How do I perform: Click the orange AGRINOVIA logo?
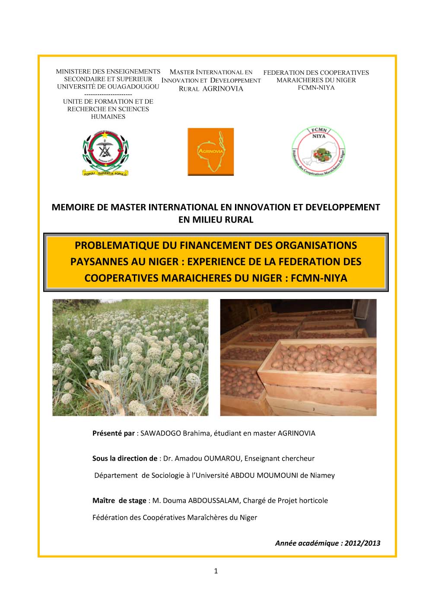coord(210,152)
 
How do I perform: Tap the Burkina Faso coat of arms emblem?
coord(106,152)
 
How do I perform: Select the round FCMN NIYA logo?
coord(318,151)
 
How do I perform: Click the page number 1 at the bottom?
coord(216,571)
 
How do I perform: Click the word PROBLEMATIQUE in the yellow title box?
coord(117,245)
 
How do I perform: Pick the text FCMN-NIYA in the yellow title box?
coord(319,278)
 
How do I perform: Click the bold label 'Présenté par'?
coord(113,433)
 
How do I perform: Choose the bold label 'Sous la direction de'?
coord(124,458)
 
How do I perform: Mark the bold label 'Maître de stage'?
coord(119,500)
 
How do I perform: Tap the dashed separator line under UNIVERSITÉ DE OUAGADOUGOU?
coord(108,94)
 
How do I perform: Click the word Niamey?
coord(323,475)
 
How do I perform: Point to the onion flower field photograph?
coord(130,357)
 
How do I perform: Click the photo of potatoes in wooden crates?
coord(298,357)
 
